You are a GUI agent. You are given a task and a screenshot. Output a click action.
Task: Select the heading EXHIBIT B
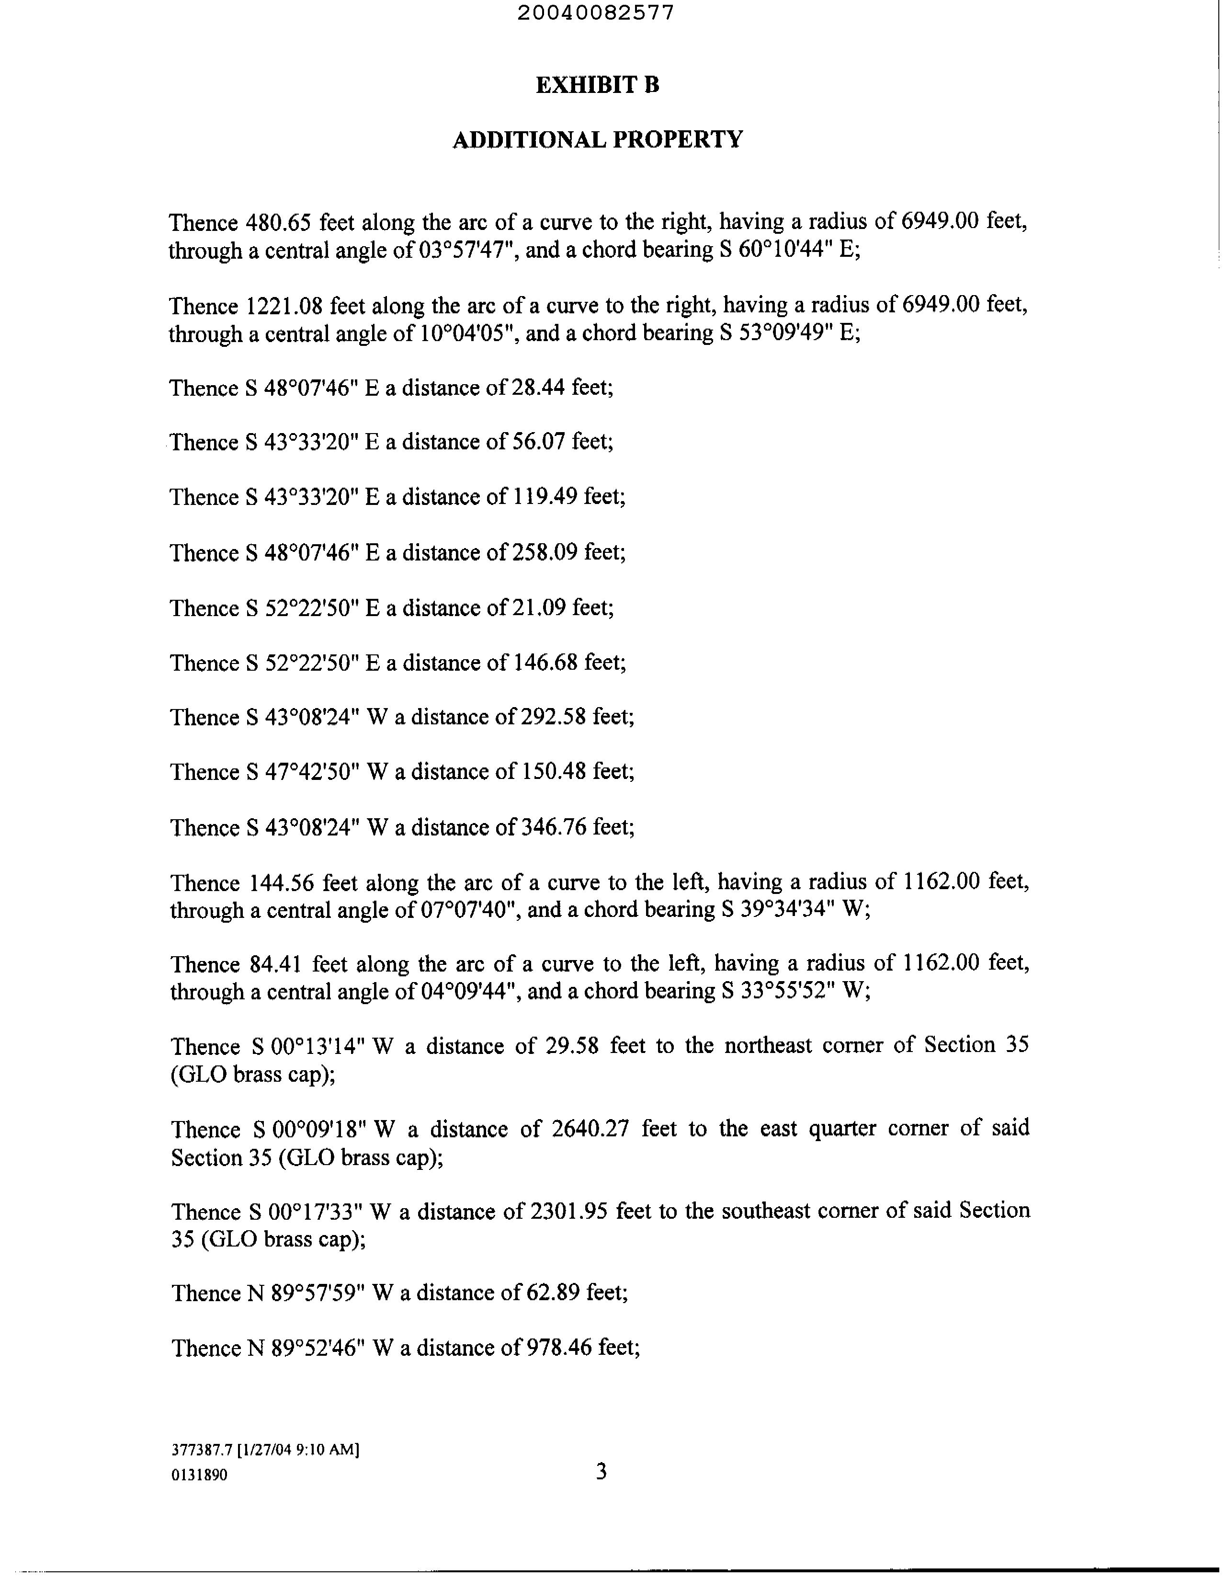click(597, 85)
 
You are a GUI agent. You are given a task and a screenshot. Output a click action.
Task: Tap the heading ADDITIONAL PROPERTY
click(597, 139)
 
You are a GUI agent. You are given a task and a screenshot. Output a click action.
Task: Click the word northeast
click(769, 1045)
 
